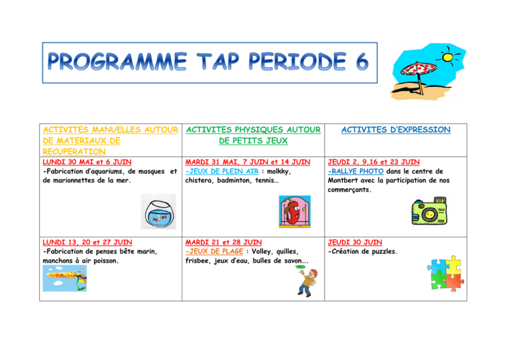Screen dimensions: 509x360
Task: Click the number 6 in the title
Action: click(x=363, y=62)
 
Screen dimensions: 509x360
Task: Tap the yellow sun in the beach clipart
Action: click(x=447, y=57)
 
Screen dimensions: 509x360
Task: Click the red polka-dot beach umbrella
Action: click(x=418, y=74)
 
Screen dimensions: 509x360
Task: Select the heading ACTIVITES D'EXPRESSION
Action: click(x=396, y=129)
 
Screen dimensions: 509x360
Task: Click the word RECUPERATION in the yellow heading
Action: click(x=74, y=152)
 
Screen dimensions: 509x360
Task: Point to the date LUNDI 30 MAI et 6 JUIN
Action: click(x=87, y=162)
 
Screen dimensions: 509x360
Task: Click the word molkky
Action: click(x=278, y=172)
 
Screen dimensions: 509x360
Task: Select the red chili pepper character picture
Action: click(x=295, y=211)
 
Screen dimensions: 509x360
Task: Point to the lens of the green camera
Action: click(x=429, y=214)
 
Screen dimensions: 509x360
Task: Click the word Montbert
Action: click(x=343, y=180)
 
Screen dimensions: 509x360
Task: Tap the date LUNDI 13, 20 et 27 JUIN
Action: click(x=87, y=242)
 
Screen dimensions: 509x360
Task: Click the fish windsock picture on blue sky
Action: click(x=65, y=278)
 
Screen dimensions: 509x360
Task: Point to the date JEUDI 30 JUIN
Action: click(x=355, y=242)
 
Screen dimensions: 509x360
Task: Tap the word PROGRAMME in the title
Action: click(x=117, y=61)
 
